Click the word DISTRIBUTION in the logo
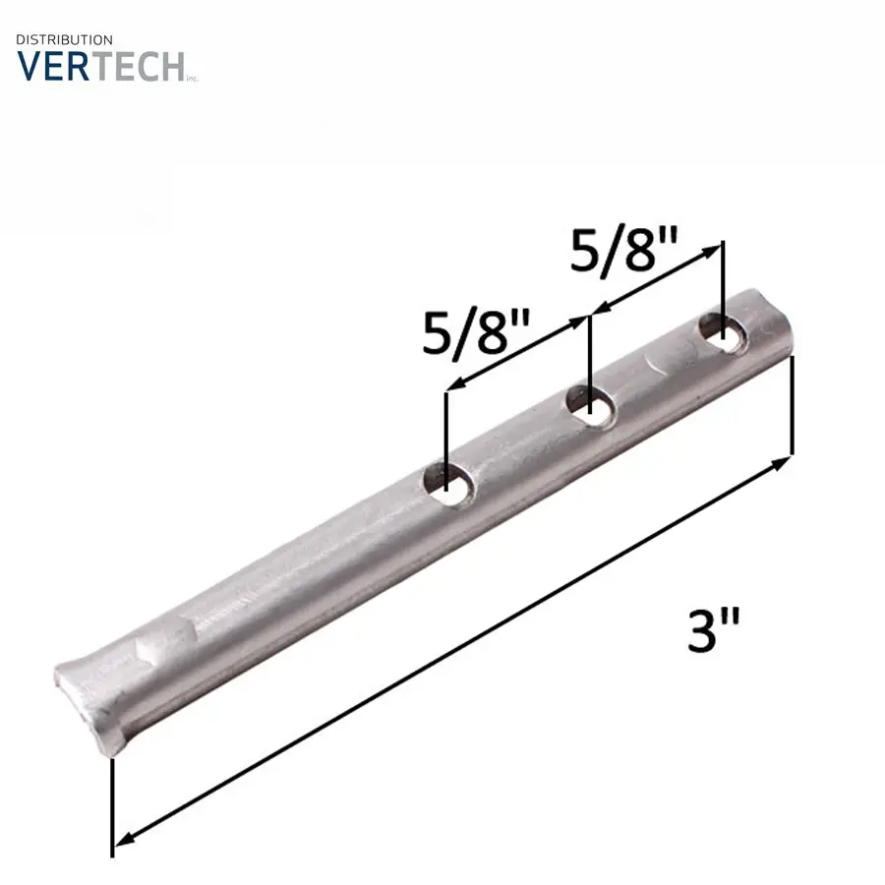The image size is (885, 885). [x=64, y=40]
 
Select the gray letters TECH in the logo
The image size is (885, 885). [x=138, y=67]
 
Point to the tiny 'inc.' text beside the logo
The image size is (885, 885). [x=193, y=79]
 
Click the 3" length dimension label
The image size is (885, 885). [x=714, y=630]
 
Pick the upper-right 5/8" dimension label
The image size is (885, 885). [x=623, y=249]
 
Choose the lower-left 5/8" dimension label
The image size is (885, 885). [x=477, y=332]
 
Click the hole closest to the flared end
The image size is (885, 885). [x=449, y=483]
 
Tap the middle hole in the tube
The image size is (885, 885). [x=591, y=406]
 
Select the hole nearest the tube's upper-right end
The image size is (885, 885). [x=724, y=333]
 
